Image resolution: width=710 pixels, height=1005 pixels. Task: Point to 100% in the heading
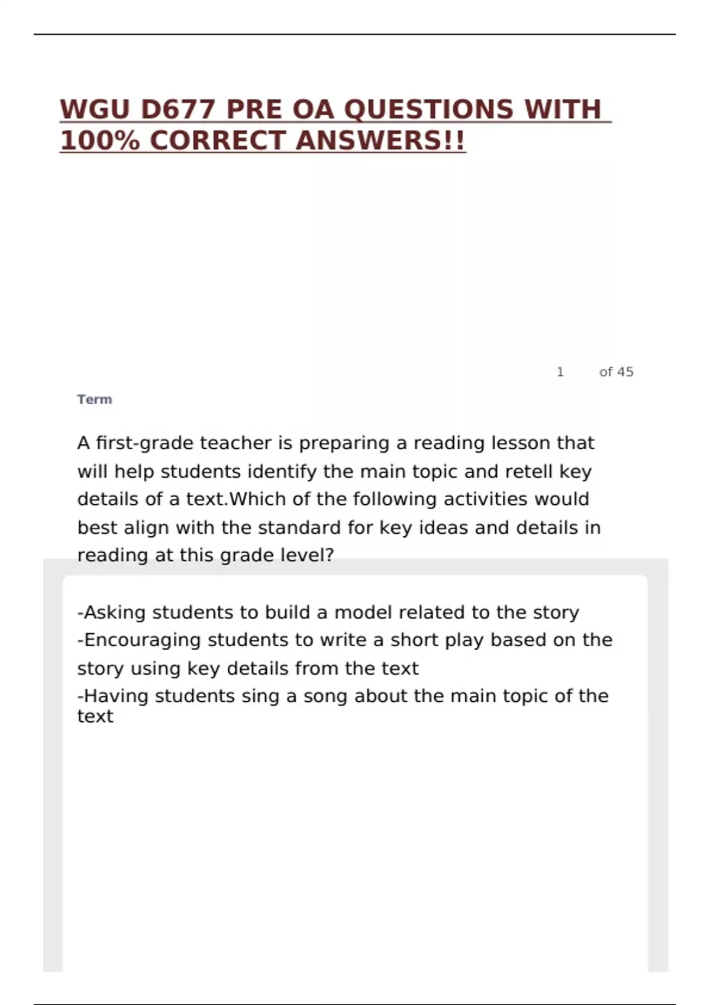(99, 141)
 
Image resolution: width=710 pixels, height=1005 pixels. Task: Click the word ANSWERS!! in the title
(380, 141)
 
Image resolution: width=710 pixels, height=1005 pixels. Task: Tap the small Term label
(95, 399)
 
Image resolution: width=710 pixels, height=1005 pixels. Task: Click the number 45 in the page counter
(625, 372)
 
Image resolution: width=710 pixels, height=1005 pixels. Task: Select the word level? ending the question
(308, 555)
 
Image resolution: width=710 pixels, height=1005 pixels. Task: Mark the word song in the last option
(325, 696)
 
